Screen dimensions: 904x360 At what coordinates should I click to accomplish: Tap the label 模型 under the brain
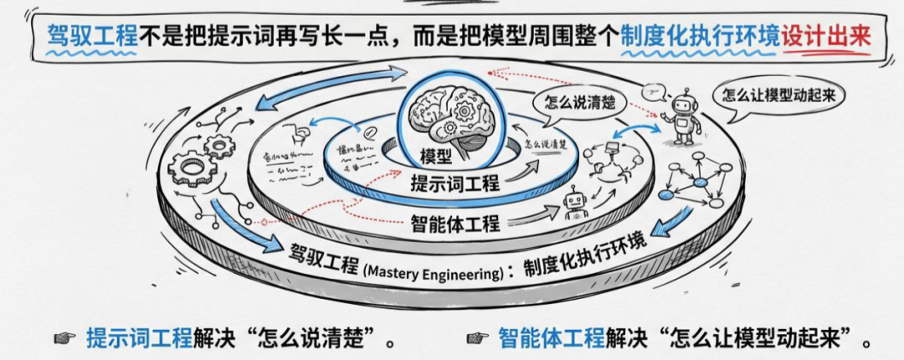click(435, 157)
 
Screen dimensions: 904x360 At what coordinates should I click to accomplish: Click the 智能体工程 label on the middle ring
click(456, 223)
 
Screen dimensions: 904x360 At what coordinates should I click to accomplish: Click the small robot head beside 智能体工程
click(574, 203)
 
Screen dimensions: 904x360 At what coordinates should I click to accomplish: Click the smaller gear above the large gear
click(220, 147)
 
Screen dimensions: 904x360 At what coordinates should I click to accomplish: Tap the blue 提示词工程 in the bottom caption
click(139, 338)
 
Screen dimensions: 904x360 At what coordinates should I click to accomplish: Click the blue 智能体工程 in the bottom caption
click(551, 338)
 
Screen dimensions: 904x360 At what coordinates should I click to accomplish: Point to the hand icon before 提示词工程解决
click(64, 338)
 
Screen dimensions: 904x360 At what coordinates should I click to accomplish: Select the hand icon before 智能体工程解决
click(478, 338)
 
